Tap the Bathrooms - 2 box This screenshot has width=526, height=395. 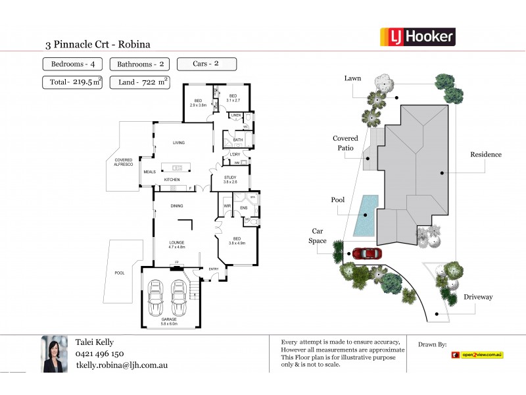click(x=140, y=65)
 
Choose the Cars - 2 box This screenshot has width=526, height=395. click(x=206, y=65)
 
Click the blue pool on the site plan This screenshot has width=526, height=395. click(x=366, y=215)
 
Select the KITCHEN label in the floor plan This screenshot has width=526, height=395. click(x=172, y=180)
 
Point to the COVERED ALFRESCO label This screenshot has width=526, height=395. click(x=124, y=162)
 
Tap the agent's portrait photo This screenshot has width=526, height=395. click(x=55, y=354)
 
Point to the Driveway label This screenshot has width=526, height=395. click(x=477, y=297)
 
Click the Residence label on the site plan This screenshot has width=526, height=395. click(x=485, y=155)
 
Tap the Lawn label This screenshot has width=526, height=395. click(x=352, y=78)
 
